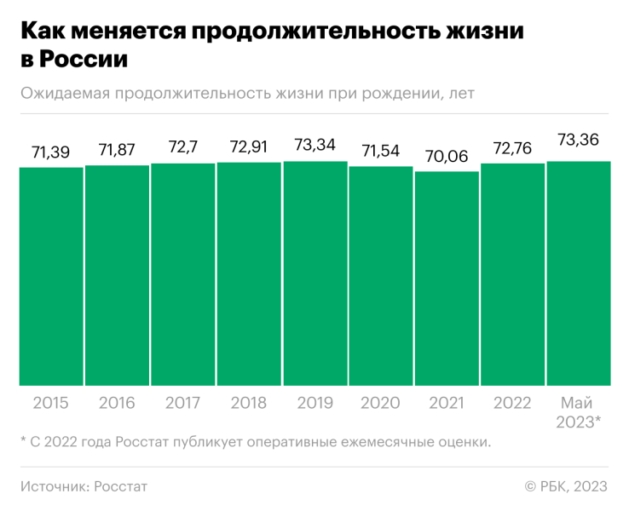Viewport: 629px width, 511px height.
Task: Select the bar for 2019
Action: click(315, 273)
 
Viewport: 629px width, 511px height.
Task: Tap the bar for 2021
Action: click(447, 278)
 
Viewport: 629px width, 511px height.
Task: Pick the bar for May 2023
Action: click(579, 273)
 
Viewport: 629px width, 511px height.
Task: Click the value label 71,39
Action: click(51, 152)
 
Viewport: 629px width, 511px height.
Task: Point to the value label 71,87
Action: click(117, 151)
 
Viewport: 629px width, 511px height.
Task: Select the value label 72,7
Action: click(183, 148)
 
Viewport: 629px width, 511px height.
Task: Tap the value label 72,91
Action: click(249, 147)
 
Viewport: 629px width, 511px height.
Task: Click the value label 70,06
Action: click(447, 157)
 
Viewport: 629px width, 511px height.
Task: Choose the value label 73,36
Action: click(579, 139)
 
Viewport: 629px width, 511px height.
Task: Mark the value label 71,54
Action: click(381, 152)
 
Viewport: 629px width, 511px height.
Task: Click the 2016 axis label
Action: click(117, 403)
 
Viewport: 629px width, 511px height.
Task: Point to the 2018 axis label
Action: click(249, 403)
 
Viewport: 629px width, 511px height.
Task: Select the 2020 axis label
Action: click(381, 403)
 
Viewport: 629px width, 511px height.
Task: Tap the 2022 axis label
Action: click(513, 403)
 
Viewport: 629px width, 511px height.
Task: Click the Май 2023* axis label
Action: click(579, 411)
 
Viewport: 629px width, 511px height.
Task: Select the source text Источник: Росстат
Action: click(84, 486)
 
